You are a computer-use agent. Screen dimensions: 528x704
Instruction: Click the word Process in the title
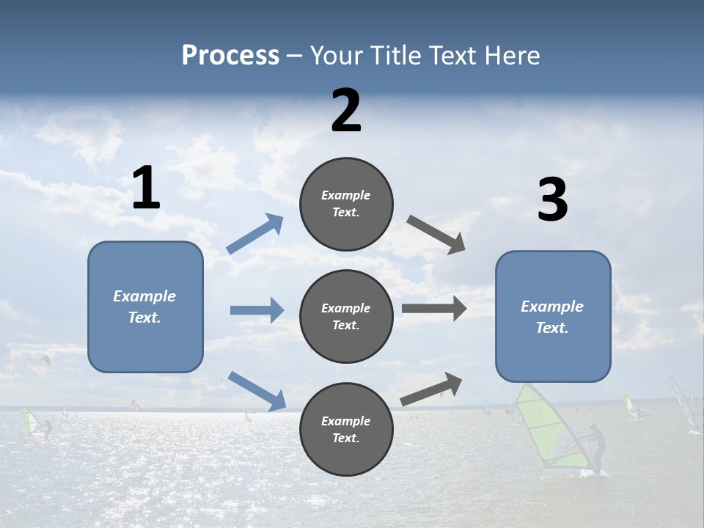230,56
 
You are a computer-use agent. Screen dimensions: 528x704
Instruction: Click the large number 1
146,188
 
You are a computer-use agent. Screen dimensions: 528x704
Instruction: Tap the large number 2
346,111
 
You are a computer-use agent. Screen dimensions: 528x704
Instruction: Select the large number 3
552,200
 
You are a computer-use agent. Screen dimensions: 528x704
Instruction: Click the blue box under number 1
145,307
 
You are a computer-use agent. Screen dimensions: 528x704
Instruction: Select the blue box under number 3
553,317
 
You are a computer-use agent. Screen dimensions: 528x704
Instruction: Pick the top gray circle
346,204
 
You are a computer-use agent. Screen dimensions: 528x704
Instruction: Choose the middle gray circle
346,316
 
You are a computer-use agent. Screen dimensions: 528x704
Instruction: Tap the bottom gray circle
346,429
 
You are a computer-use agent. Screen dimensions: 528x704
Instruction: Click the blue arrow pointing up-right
255,234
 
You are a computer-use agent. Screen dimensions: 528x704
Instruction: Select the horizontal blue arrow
257,310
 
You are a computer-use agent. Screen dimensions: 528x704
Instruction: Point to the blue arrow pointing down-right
257,390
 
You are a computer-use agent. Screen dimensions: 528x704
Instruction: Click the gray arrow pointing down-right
436,235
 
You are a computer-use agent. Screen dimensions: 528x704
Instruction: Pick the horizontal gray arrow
434,308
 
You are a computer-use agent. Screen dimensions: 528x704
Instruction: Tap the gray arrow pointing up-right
431,389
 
